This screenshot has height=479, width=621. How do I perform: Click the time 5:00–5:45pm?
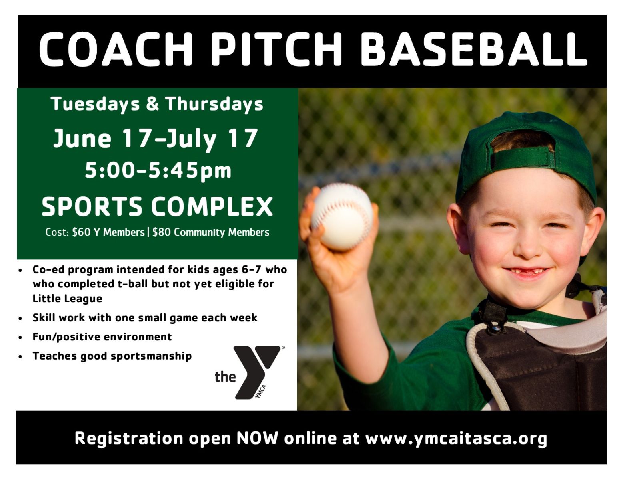coord(158,171)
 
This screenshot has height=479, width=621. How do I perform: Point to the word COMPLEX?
coord(212,206)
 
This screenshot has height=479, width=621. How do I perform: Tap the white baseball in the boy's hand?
coord(342,216)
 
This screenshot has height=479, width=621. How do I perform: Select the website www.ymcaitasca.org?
coord(456,439)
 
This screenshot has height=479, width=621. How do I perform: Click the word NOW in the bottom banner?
coord(257,438)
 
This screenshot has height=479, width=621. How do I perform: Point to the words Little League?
coord(68,299)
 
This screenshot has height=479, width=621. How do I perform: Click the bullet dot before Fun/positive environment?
coord(20,338)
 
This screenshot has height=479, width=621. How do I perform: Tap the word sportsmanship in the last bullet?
coord(151,356)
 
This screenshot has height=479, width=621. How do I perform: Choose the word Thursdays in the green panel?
coord(214,104)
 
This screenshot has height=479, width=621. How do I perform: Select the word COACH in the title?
coord(116,49)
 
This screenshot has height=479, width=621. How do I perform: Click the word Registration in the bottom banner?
coord(129,439)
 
